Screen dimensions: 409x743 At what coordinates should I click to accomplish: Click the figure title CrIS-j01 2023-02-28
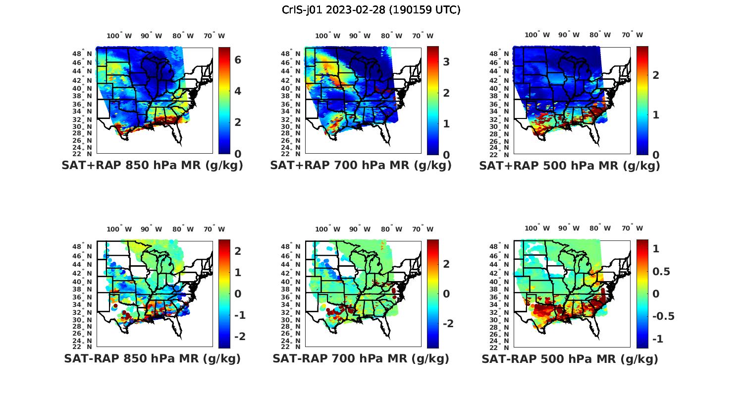371,10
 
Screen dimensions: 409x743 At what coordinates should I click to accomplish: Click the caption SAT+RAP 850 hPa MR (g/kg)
152,166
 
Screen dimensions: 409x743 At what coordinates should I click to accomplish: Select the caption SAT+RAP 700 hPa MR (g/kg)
361,166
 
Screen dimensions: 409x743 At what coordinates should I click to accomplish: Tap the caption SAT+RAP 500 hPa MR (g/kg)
570,166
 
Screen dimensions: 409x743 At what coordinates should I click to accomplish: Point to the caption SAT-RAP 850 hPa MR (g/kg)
152,358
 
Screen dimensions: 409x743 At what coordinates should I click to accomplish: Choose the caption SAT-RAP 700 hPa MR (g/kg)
361,358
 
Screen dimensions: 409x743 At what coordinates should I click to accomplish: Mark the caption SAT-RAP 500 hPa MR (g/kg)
570,358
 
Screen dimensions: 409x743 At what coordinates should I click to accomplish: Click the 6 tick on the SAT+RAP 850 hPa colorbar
238,60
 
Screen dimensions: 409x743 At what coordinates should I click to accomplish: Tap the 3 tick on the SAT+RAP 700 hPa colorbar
446,61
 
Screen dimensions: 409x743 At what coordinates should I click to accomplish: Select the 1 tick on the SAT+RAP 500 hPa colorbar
656,115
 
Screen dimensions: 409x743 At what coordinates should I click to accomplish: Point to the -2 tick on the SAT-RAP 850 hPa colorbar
239,337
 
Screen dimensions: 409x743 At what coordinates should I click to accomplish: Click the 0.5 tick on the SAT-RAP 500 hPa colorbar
662,272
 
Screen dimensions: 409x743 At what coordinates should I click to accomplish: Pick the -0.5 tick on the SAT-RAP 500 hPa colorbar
664,316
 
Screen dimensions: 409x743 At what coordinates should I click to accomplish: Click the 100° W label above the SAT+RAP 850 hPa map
119,36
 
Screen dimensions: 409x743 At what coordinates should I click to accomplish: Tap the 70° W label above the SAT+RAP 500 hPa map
632,35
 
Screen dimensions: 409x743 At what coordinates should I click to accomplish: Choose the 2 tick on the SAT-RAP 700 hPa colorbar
446,264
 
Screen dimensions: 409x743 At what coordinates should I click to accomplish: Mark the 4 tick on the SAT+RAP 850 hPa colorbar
238,91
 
